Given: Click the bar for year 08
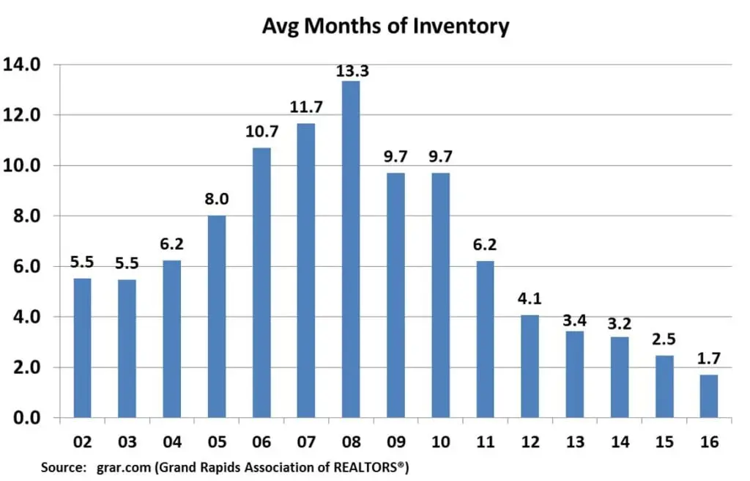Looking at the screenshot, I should [351, 249].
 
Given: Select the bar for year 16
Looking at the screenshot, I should [708, 396].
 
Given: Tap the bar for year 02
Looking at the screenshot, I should [82, 348].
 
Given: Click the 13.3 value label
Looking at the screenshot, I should [351, 71].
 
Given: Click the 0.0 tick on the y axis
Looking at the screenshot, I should [26, 418].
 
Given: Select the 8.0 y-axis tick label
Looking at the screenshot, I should [26, 216].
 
